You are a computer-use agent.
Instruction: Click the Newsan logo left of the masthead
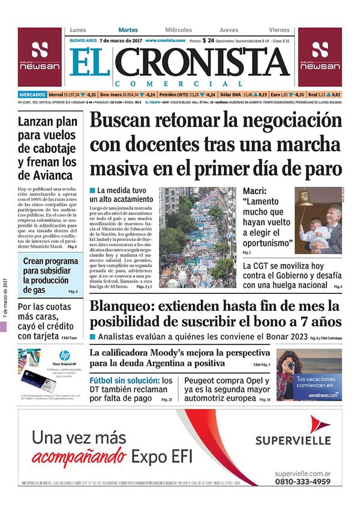coord(39,57)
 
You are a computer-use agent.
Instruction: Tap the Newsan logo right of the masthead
coord(320,57)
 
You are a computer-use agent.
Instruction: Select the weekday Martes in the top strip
coord(128,30)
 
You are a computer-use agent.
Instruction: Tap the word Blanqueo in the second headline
coord(120,306)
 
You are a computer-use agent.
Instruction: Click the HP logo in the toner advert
coord(64,355)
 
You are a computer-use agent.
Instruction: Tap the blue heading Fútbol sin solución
coord(124,381)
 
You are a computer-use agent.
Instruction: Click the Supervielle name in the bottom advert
coord(293,440)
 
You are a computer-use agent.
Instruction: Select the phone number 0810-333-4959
coord(302,481)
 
